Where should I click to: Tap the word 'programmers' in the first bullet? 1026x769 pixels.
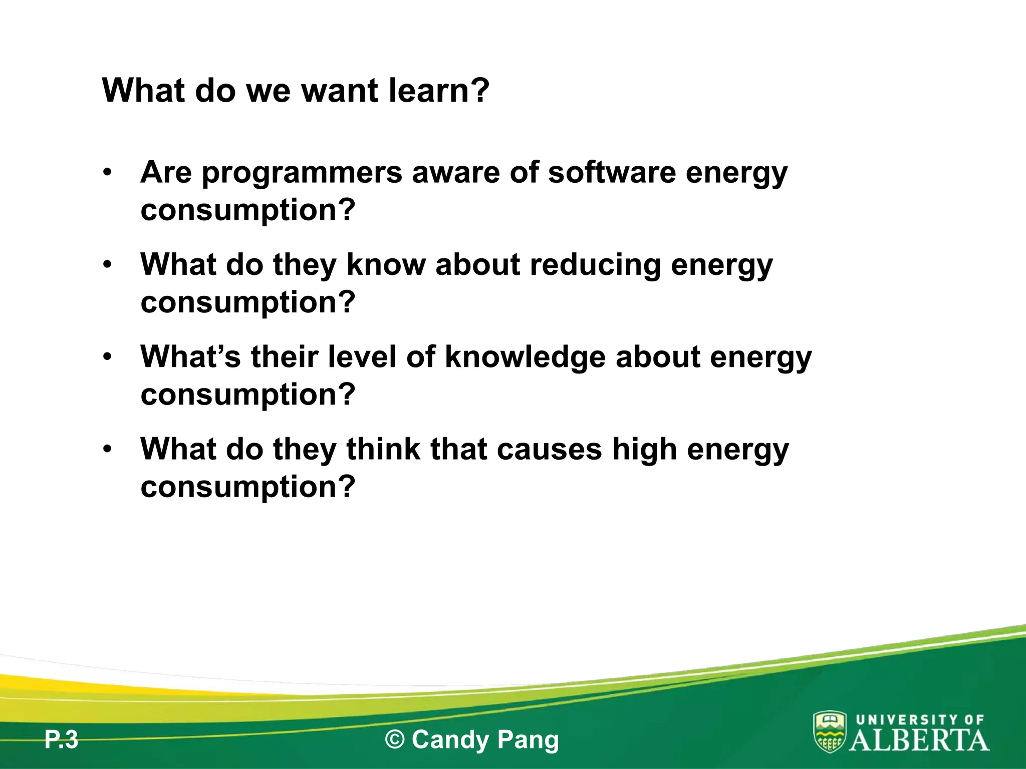coord(302,173)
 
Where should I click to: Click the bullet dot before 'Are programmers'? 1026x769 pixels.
coord(107,173)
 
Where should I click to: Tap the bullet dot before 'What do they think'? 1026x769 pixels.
coord(107,449)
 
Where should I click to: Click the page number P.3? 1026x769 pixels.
coord(61,739)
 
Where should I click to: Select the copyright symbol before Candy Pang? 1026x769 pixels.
coord(395,739)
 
